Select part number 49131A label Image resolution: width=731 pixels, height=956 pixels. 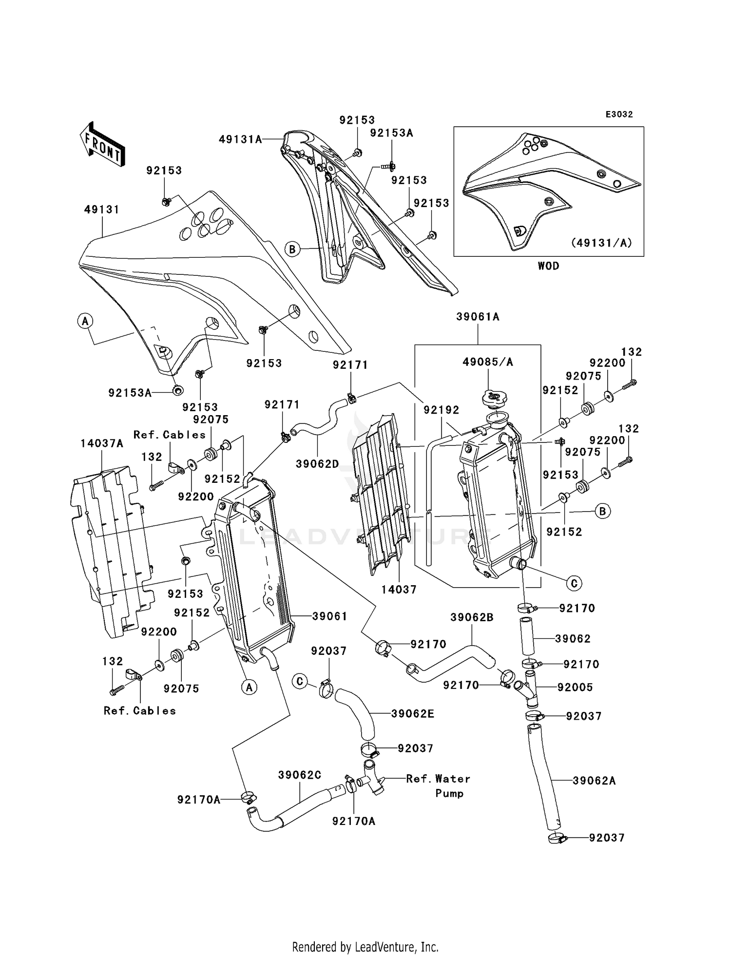click(240, 140)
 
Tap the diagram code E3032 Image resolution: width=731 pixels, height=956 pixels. click(619, 115)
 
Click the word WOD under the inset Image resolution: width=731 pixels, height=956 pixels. click(548, 266)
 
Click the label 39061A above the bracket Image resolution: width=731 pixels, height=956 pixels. click(478, 317)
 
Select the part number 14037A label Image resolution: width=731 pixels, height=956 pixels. click(102, 443)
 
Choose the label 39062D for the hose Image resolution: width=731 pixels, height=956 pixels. click(317, 464)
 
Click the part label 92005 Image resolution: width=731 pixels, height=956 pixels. click(575, 687)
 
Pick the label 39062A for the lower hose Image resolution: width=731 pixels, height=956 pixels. click(594, 781)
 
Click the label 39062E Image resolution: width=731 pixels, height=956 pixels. click(413, 714)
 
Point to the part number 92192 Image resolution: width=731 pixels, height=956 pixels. click(442, 410)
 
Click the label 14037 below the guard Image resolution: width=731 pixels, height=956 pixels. click(399, 590)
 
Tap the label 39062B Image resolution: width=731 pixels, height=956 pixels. click(472, 617)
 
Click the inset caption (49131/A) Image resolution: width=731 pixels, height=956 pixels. click(601, 243)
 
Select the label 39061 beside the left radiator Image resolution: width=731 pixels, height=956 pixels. click(330, 616)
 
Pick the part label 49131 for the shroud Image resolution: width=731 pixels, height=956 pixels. click(102, 210)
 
